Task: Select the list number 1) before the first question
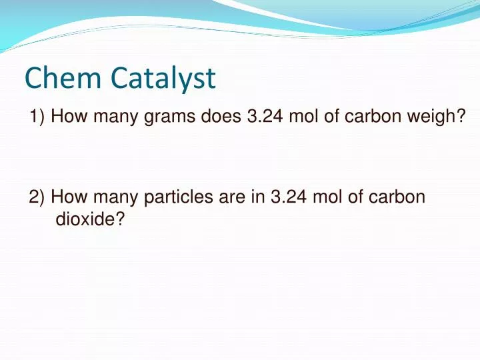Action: tap(37, 117)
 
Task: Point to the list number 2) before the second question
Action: tap(37, 197)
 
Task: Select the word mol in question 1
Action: tap(304, 117)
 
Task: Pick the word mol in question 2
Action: tap(328, 197)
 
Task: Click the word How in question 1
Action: tap(65, 117)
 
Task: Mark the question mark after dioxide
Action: tap(121, 219)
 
